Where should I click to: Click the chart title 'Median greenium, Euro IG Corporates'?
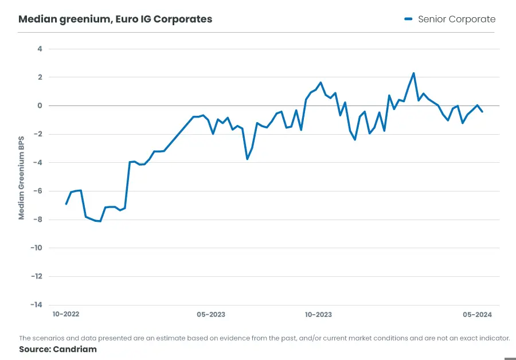coord(115,19)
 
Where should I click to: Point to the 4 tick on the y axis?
coord(40,49)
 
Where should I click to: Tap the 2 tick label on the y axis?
coord(40,77)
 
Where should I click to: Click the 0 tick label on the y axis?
coord(40,105)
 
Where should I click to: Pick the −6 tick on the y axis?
coord(38,191)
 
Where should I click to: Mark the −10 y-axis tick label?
coord(36,248)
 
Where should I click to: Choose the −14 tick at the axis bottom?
coord(36,304)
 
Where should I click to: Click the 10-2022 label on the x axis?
coord(66,315)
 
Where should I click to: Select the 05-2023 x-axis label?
coord(211,315)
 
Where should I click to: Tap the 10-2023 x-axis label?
coord(318,315)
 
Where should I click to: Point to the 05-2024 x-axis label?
coord(478,315)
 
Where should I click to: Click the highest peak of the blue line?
coord(413,73)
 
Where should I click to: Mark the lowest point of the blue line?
coord(100,221)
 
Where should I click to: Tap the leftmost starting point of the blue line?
coord(66,204)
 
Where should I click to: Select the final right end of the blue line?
coord(482,112)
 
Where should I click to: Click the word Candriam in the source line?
coord(75,349)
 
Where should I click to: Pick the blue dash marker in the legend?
coord(408,19)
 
